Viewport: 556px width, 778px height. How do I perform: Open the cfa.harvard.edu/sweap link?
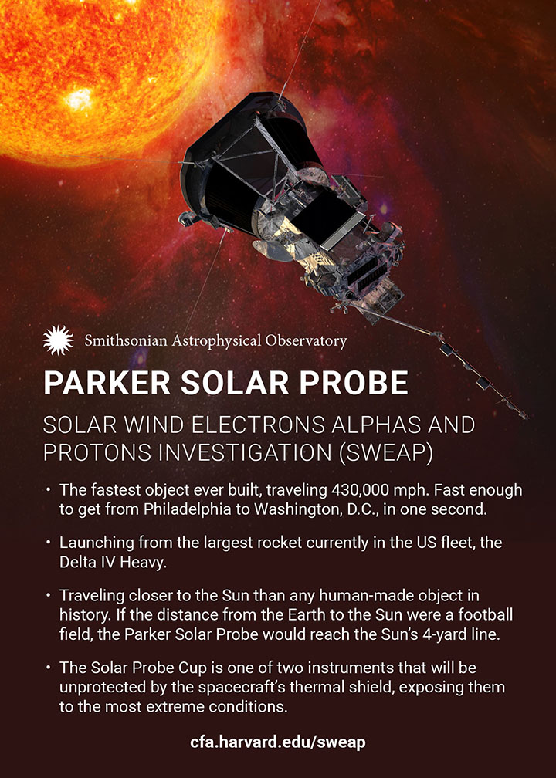[278, 742]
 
